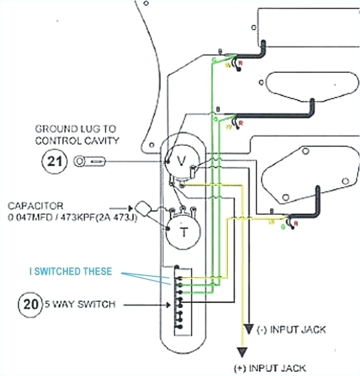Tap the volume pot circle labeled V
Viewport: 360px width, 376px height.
(x=181, y=160)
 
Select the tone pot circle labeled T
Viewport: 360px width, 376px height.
(x=183, y=232)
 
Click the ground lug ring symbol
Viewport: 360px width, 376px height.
(x=80, y=163)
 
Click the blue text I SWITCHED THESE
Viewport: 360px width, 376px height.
(x=70, y=272)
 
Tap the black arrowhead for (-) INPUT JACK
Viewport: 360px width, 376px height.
(x=249, y=329)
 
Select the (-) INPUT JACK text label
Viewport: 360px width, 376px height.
(x=291, y=329)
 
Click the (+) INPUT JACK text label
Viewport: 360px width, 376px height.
(x=269, y=367)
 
